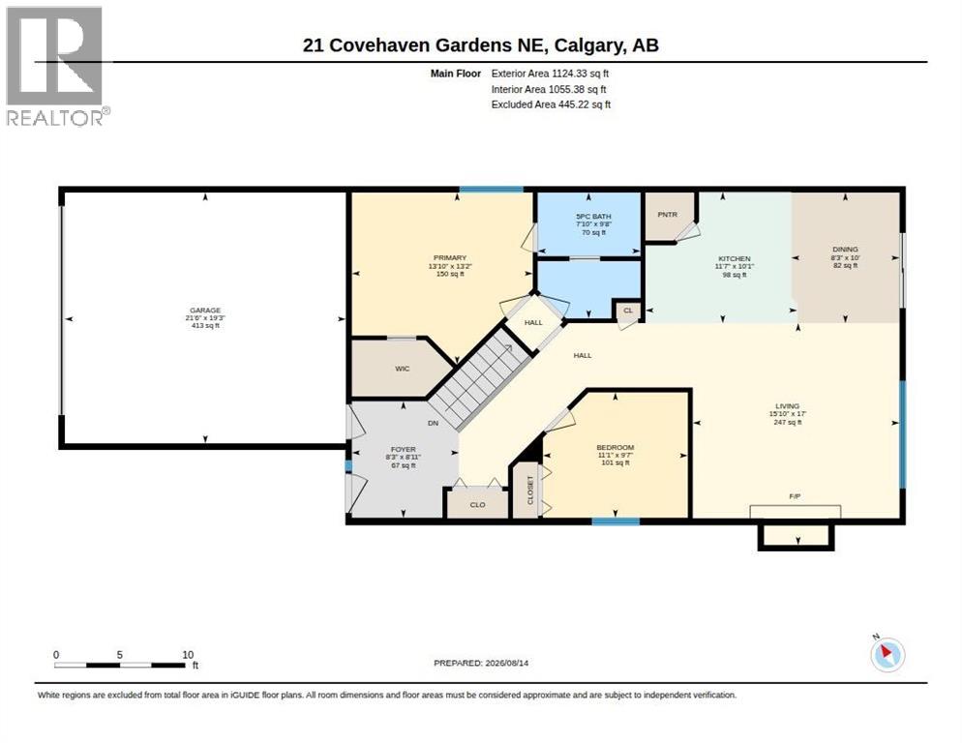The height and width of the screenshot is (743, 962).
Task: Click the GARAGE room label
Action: (205, 311)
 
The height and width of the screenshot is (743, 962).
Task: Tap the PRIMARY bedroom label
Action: (450, 258)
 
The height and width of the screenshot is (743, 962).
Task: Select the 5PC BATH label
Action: (593, 217)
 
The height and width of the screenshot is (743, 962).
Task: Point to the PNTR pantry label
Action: (668, 215)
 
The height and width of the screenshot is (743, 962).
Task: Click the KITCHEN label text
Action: (735, 259)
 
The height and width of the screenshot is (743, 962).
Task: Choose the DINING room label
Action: (845, 250)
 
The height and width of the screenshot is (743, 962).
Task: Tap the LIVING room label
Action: (787, 406)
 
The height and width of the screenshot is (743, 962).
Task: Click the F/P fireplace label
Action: (795, 496)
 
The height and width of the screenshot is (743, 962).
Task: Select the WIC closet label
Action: (402, 369)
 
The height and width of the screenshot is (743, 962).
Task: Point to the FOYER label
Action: (403, 450)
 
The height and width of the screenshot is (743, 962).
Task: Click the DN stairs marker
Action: (434, 424)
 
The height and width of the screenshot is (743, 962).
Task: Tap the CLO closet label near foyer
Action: (477, 505)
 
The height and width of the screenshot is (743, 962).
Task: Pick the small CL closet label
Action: (628, 311)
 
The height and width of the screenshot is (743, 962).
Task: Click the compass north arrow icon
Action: (887, 655)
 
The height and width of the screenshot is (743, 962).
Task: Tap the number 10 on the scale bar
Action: (188, 655)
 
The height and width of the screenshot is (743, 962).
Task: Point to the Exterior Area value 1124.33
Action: (570, 74)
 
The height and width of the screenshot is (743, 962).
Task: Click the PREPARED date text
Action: (481, 664)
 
